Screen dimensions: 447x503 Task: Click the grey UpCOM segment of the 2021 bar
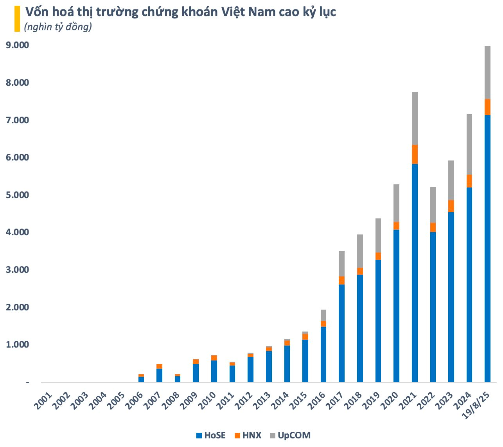pyautogui.click(x=415, y=118)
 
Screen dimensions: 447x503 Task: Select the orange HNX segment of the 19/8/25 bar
pyautogui.click(x=487, y=107)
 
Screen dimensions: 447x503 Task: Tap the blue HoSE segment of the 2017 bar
pyautogui.click(x=341, y=333)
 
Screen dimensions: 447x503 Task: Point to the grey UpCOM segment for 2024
pyautogui.click(x=469, y=144)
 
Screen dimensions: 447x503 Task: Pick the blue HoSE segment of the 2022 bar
pyautogui.click(x=433, y=307)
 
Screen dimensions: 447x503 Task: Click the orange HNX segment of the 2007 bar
pyautogui.click(x=159, y=366)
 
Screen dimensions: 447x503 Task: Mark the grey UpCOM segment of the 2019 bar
pyautogui.click(x=378, y=235)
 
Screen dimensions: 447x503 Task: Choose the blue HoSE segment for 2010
pyautogui.click(x=214, y=371)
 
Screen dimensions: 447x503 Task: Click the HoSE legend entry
pyautogui.click(x=211, y=435)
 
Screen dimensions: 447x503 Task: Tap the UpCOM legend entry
pyautogui.click(x=289, y=435)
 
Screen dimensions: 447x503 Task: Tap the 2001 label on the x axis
pyautogui.click(x=43, y=400)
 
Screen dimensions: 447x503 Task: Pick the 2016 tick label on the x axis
pyautogui.click(x=316, y=400)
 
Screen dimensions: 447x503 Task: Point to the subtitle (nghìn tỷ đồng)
pyautogui.click(x=58, y=27)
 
